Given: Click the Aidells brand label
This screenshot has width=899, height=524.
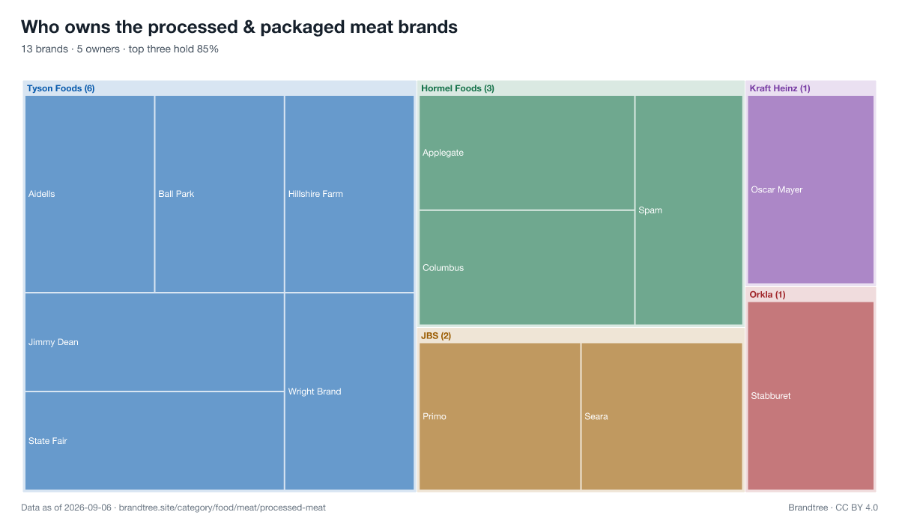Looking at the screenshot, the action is coord(42,194).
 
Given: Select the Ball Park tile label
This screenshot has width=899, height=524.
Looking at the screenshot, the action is coord(176,194).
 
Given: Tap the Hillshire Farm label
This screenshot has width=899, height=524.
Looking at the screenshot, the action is coord(315,194).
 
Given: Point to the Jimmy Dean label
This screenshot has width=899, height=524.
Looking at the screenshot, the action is coord(53,342).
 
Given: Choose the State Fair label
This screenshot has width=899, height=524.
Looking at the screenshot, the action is coord(47,441).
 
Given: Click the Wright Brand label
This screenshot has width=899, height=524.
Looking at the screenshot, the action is coord(315,392).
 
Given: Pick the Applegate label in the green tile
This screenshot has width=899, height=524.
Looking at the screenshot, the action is coord(443,153).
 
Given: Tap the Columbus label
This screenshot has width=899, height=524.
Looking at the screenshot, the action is coord(443,267).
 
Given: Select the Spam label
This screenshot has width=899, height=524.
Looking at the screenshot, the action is coord(650,210).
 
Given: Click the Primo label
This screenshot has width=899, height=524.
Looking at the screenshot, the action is coord(435,416).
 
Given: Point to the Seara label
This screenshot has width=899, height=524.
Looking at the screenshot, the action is coord(596,416).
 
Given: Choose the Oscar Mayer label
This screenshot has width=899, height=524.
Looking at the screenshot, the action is coord(777,189).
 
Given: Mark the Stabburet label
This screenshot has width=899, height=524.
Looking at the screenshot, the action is coord(771,396).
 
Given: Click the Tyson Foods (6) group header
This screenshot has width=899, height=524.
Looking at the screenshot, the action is coord(61,88).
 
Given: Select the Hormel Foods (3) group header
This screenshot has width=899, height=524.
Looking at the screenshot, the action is coord(458,88).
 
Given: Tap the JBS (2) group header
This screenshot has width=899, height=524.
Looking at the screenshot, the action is coord(436,335).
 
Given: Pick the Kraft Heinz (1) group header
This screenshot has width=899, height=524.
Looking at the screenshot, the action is coord(780,88).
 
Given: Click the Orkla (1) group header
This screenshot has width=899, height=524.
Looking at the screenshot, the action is coord(767,294).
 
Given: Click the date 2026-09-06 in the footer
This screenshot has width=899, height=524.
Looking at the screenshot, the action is coord(88,508).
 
